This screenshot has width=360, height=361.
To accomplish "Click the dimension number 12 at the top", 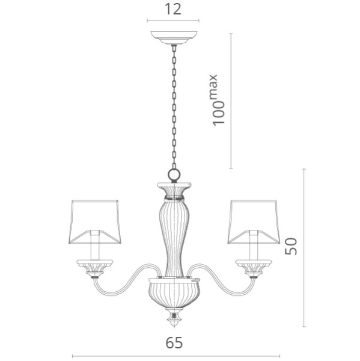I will pyautogui.click(x=172, y=9).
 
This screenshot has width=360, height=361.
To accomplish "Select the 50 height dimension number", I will pyautogui.click(x=291, y=245).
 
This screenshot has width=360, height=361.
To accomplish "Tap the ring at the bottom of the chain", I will pyautogui.click(x=174, y=175).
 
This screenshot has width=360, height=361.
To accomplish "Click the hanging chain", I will pyautogui.click(x=174, y=108).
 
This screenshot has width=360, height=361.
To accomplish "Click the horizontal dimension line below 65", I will pyautogui.click(x=173, y=356).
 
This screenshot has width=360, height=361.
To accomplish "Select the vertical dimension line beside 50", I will pyautogui.click(x=305, y=247).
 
